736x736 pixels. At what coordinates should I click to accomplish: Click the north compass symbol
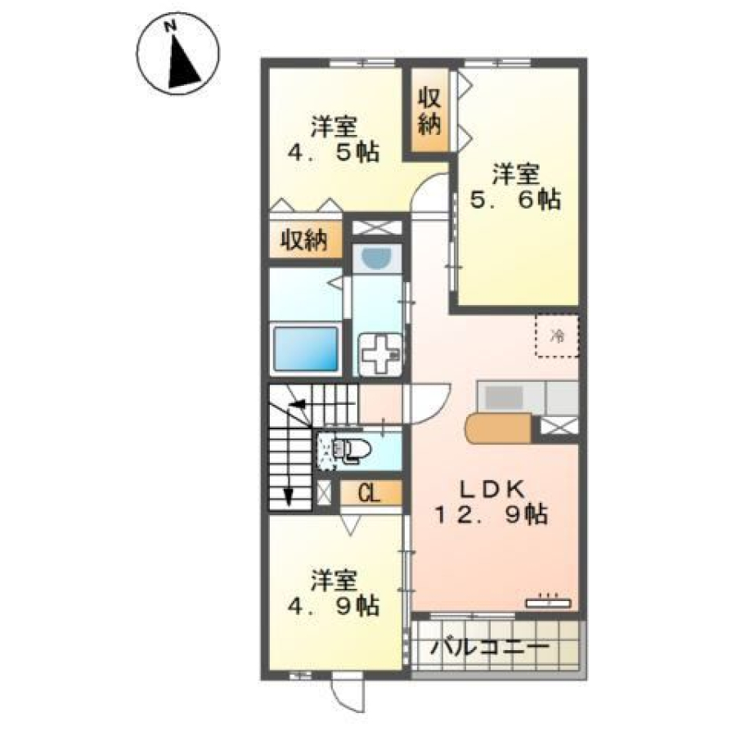(x=178, y=54)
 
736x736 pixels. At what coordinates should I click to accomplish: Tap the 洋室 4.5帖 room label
(x=334, y=138)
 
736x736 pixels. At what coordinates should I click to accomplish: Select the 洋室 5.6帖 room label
(x=515, y=186)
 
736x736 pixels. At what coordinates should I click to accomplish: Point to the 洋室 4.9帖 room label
(x=334, y=593)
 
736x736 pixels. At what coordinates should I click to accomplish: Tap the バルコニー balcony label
(x=490, y=648)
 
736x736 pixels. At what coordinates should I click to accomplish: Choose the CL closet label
(x=370, y=493)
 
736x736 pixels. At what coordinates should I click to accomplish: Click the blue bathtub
(x=306, y=348)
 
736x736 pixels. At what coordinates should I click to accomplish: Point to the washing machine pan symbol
(x=380, y=354)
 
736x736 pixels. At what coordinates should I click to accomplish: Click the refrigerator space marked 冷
(x=557, y=335)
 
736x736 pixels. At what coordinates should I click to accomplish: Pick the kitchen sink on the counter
(x=504, y=397)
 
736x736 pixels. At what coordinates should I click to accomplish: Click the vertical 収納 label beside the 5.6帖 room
(x=429, y=111)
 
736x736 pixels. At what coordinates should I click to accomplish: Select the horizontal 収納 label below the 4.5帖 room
(x=304, y=241)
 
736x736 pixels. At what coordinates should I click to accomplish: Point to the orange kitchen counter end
(x=498, y=428)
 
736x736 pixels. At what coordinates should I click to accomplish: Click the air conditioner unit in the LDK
(x=548, y=602)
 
